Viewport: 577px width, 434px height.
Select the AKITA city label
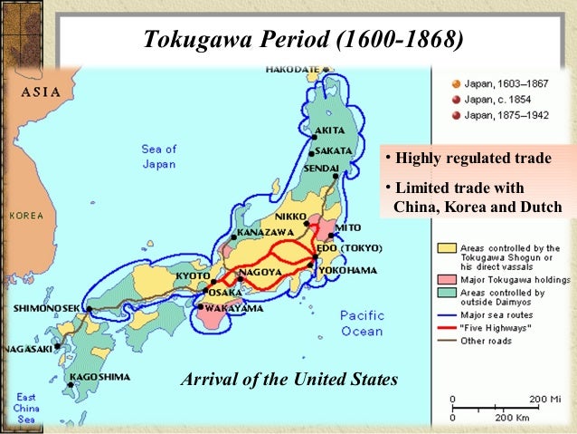pos(328,130)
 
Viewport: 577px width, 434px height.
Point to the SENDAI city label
pos(321,168)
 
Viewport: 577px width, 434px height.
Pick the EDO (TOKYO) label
pos(350,248)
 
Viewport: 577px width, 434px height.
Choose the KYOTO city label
pos(194,275)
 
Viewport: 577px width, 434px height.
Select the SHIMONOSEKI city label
pos(46,308)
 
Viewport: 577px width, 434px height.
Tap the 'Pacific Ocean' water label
pos(362,323)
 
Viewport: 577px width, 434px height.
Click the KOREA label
pos(26,216)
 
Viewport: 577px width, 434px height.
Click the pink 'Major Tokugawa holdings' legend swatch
pos(446,280)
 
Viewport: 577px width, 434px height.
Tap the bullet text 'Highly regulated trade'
pos(470,159)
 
